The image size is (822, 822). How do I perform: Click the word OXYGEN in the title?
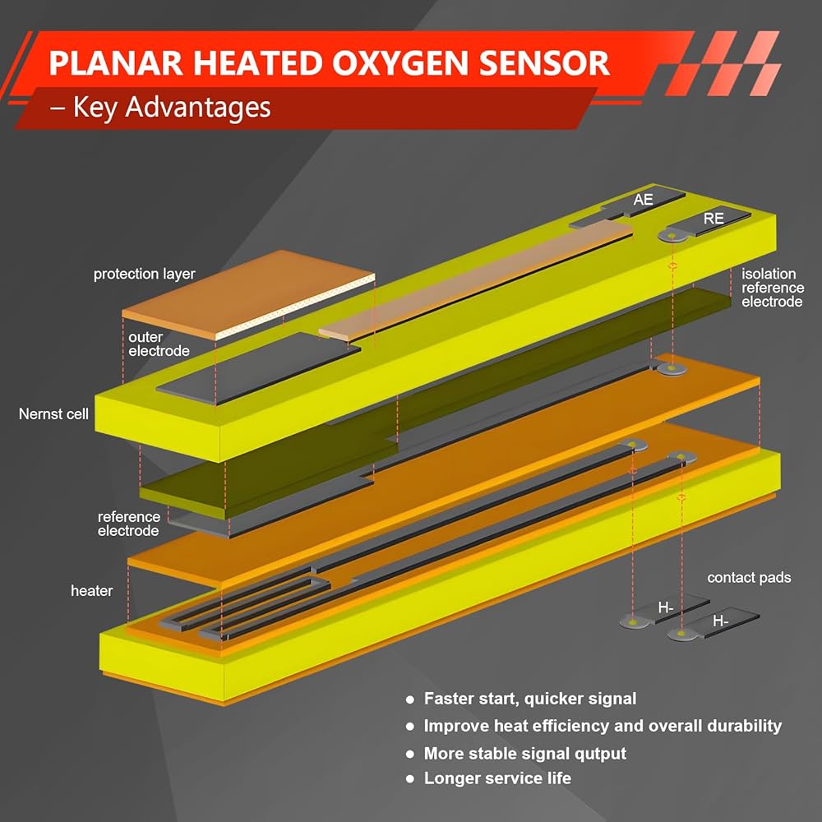coord(401,63)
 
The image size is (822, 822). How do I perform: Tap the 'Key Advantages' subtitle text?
coord(172,108)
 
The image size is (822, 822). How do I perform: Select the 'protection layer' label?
coord(144,275)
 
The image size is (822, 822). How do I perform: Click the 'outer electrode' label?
coord(159,344)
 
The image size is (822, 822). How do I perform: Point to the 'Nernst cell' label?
coord(53,414)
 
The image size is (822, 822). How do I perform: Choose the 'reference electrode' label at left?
coord(129,524)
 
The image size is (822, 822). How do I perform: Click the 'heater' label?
coord(92,591)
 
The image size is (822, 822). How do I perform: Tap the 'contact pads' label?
coord(749,578)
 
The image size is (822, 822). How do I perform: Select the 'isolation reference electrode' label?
coord(772,288)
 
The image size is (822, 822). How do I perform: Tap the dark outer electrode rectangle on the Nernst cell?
coord(258,368)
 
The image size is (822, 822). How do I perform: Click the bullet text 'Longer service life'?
coord(497,778)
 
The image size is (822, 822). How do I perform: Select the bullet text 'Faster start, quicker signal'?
coord(530,699)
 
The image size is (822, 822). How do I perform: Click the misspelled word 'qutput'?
coord(600,754)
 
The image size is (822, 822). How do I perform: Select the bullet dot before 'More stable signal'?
coord(410,754)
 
